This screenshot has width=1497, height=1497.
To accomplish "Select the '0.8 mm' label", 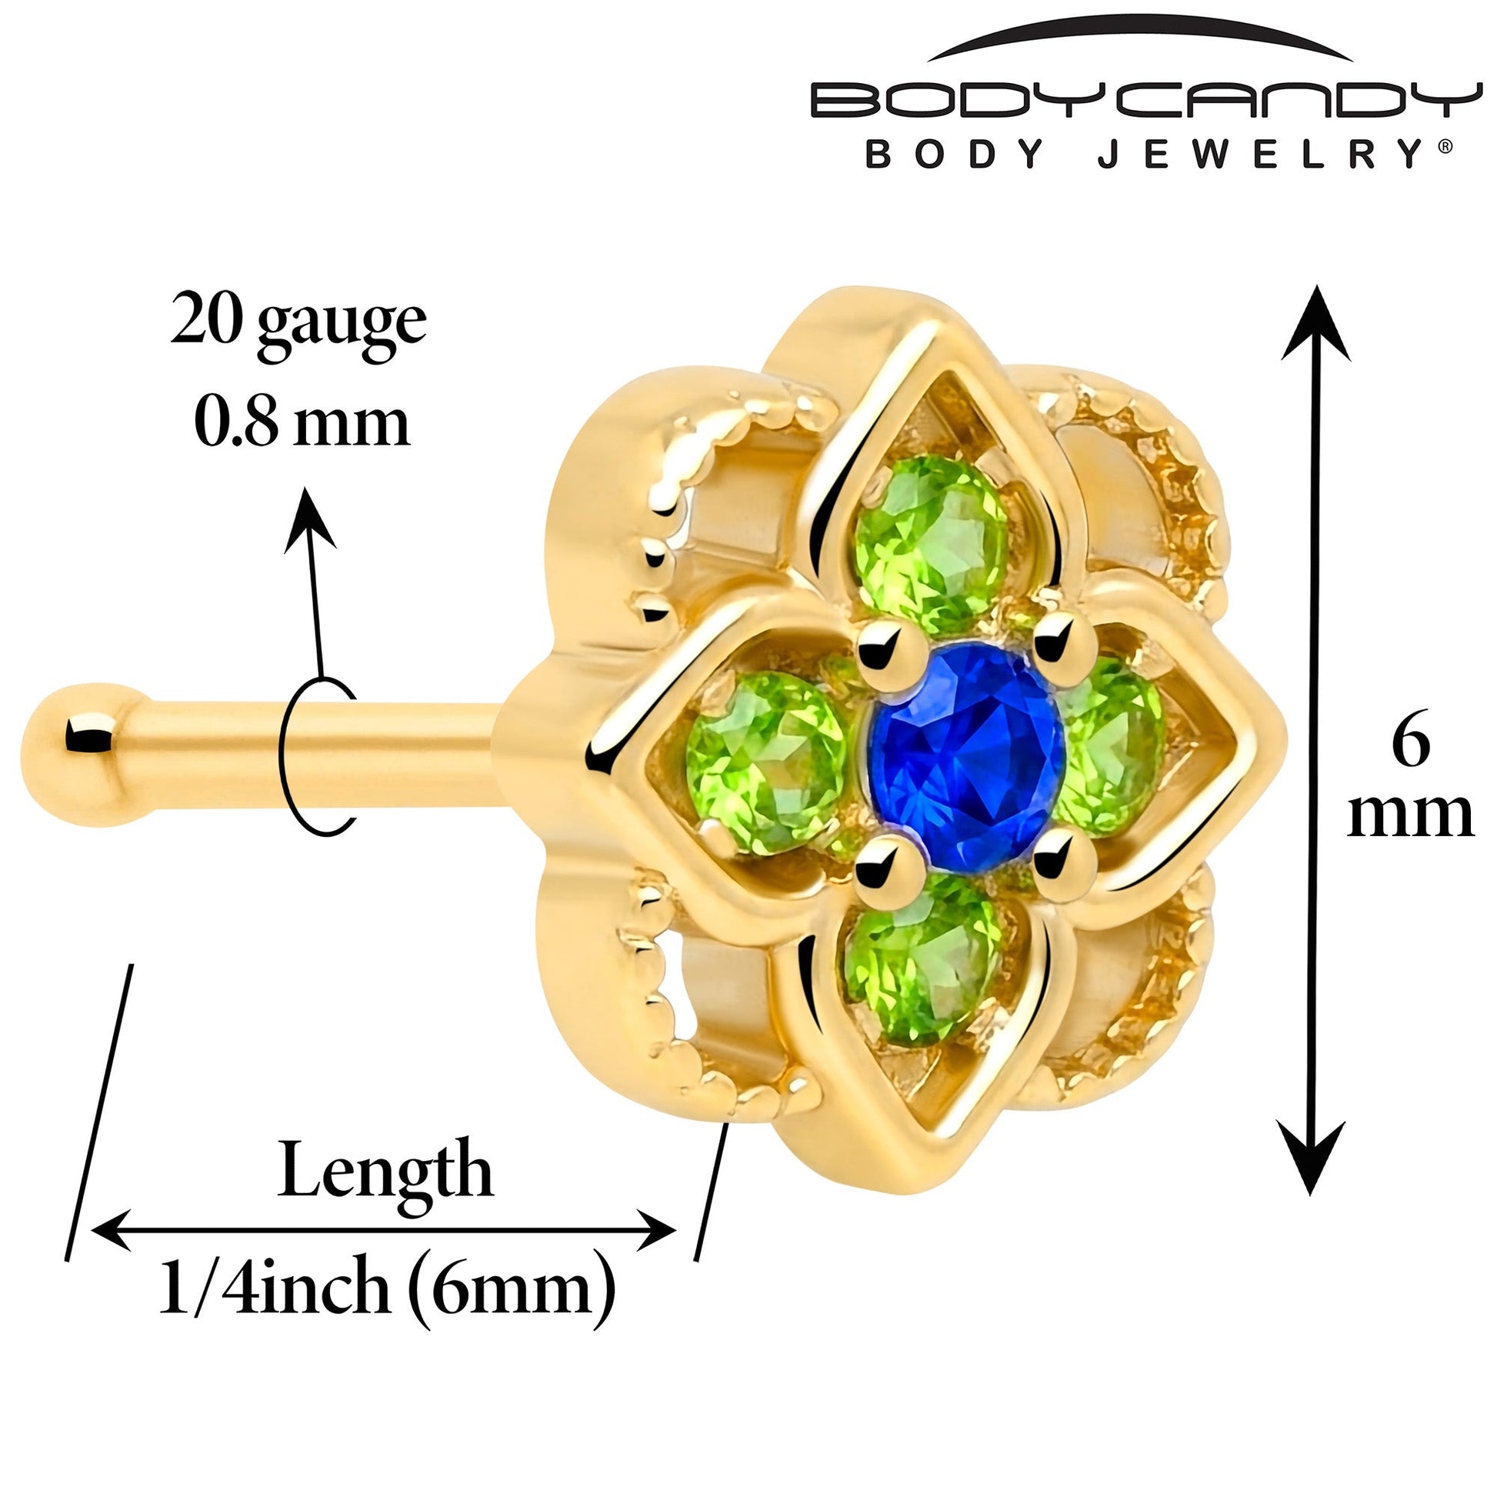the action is [x=302, y=423].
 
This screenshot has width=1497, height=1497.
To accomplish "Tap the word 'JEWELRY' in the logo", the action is [x=1255, y=154].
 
